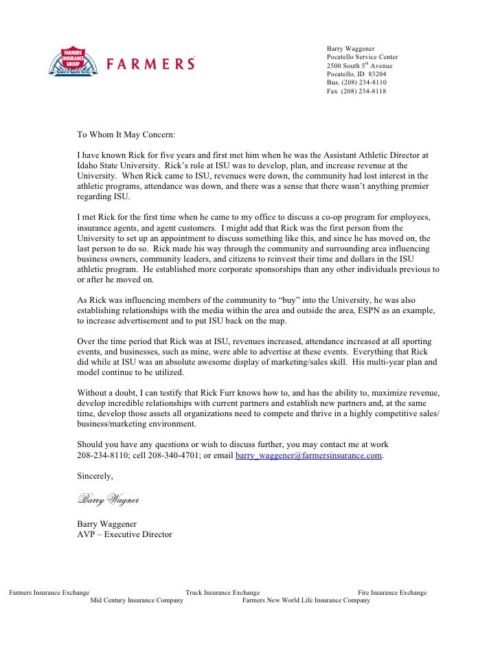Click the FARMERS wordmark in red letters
pos(150,64)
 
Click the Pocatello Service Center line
pos(362,56)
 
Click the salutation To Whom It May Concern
pos(126,134)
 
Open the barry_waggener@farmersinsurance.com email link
pos(308,455)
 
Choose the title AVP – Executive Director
pos(124,534)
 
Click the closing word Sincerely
pos(95,475)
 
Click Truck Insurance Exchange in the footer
pos(223,592)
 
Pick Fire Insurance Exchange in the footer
pos(392,592)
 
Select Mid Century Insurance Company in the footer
pos(137,600)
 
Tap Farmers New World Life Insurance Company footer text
pos(306,600)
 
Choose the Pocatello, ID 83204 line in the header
pos(356,73)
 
